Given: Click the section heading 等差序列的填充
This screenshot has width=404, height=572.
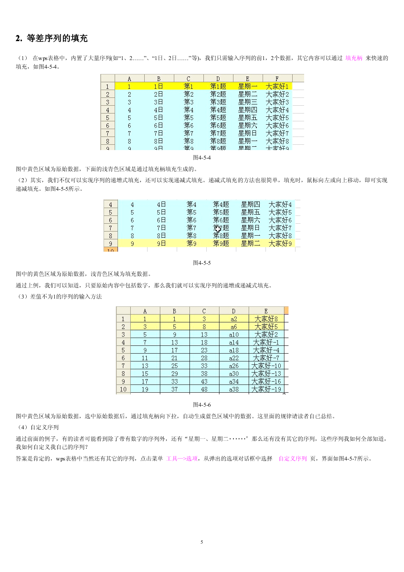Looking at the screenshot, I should point(57,39).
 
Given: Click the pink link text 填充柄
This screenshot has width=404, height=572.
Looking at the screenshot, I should point(353,58).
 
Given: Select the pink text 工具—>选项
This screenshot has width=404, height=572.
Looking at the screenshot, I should point(182,459).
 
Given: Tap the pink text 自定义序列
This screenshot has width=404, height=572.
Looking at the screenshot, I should point(293,459).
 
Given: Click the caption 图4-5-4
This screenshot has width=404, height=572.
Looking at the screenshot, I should point(202,157).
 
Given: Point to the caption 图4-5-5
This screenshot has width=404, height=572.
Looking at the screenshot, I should point(202,263).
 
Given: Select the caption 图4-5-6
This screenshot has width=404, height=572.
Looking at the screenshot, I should point(202,405).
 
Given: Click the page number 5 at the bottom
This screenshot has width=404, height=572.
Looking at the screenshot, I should point(202,542).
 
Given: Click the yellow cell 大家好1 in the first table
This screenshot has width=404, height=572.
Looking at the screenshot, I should point(277,86).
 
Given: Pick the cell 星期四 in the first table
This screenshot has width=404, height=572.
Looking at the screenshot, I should point(247,110).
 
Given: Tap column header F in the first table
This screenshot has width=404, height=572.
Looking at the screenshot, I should point(277,79).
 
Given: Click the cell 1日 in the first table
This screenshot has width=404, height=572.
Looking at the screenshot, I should point(159,86).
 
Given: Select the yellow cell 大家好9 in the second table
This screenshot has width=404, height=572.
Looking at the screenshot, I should point(280,243).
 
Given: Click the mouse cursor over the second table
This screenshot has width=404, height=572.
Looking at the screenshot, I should point(218,229).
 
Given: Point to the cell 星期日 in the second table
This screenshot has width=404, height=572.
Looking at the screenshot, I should point(250,228).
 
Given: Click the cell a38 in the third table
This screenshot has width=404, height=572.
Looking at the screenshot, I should point(234,389).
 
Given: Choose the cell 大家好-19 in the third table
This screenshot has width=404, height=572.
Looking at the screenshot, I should point(266,389).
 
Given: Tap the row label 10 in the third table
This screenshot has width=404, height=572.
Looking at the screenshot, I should point(123,389).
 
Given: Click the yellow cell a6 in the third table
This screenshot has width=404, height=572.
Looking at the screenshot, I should point(234,327).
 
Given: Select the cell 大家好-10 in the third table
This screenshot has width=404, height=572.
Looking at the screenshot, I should point(266,366).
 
